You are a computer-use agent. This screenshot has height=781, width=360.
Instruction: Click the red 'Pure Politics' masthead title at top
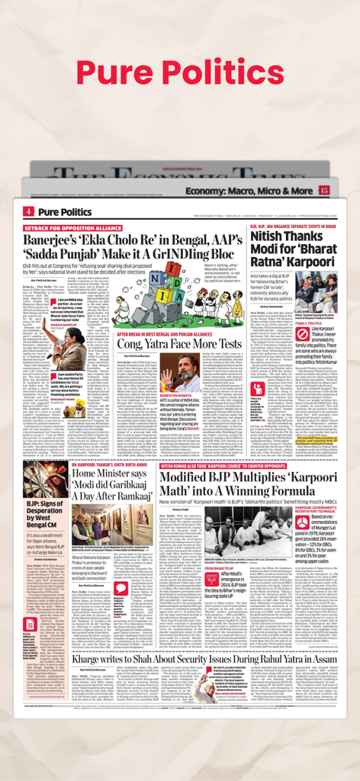[x=180, y=70]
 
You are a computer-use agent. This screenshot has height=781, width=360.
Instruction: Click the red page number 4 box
[x=28, y=211]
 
